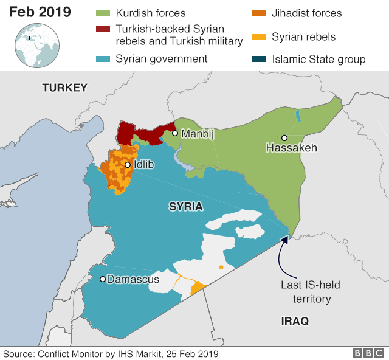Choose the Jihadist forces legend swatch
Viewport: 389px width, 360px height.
coord(259,13)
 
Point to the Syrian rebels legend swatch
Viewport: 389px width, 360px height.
coord(259,37)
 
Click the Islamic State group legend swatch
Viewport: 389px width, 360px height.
coord(259,59)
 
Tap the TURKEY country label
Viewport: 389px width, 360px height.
coord(65,88)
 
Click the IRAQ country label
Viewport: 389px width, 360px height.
coord(295,320)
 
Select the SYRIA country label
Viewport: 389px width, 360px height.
coord(185,207)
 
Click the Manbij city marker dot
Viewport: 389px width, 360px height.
coord(174,133)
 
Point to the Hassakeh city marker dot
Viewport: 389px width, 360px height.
coord(284,138)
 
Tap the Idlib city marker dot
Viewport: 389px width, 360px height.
coord(128,165)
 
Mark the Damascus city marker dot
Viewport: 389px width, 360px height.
coord(103,279)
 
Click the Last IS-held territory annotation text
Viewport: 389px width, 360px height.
coord(306,291)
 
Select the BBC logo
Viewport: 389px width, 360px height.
coord(368,353)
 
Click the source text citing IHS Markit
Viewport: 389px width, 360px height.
coord(111,353)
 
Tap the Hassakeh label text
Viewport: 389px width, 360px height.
coord(291,148)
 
